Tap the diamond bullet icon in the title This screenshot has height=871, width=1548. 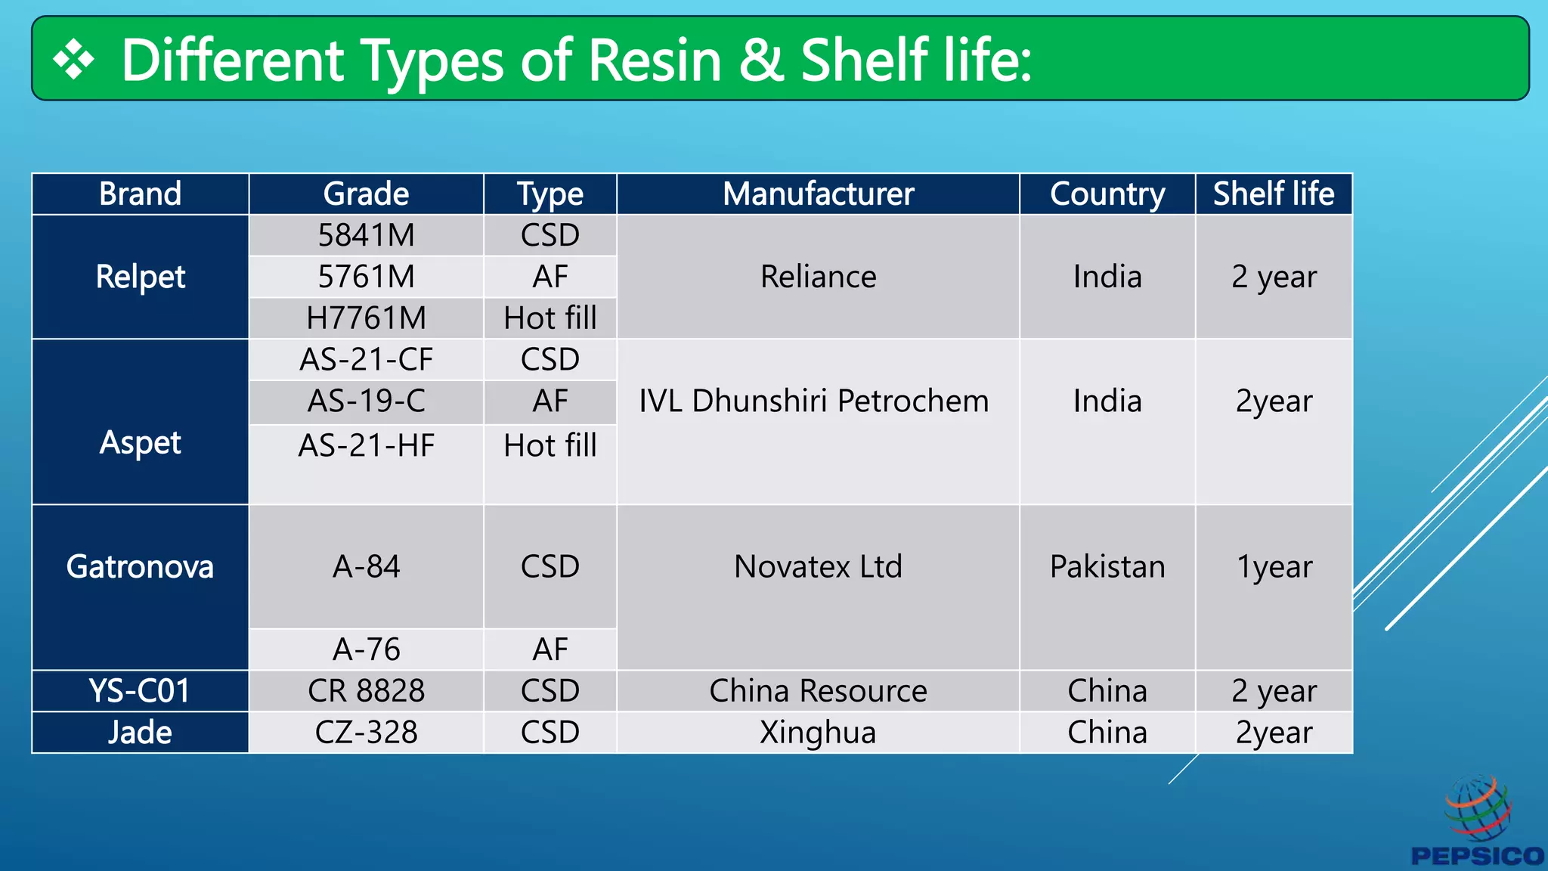point(74,60)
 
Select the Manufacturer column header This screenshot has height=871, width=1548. point(818,194)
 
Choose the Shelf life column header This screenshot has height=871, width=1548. point(1274,194)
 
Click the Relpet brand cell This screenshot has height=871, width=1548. point(141,277)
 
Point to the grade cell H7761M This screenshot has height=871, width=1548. point(367,318)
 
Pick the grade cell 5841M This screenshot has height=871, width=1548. point(367,236)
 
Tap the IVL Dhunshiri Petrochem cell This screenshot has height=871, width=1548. point(814,401)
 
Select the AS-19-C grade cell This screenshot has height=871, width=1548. point(367,401)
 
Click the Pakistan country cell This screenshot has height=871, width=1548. point(1107,566)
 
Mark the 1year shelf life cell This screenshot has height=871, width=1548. point(1274,566)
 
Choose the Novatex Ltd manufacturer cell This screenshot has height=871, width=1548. point(818,566)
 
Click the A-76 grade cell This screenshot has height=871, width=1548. point(367,649)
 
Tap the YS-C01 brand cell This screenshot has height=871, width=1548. point(140,691)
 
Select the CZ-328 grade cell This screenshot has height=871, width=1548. point(367,733)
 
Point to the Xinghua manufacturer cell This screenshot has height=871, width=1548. point(818,733)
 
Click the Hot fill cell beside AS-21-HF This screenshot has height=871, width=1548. point(550,445)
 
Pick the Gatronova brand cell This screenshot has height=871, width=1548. point(140,566)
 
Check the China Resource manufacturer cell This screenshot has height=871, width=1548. point(818,691)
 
